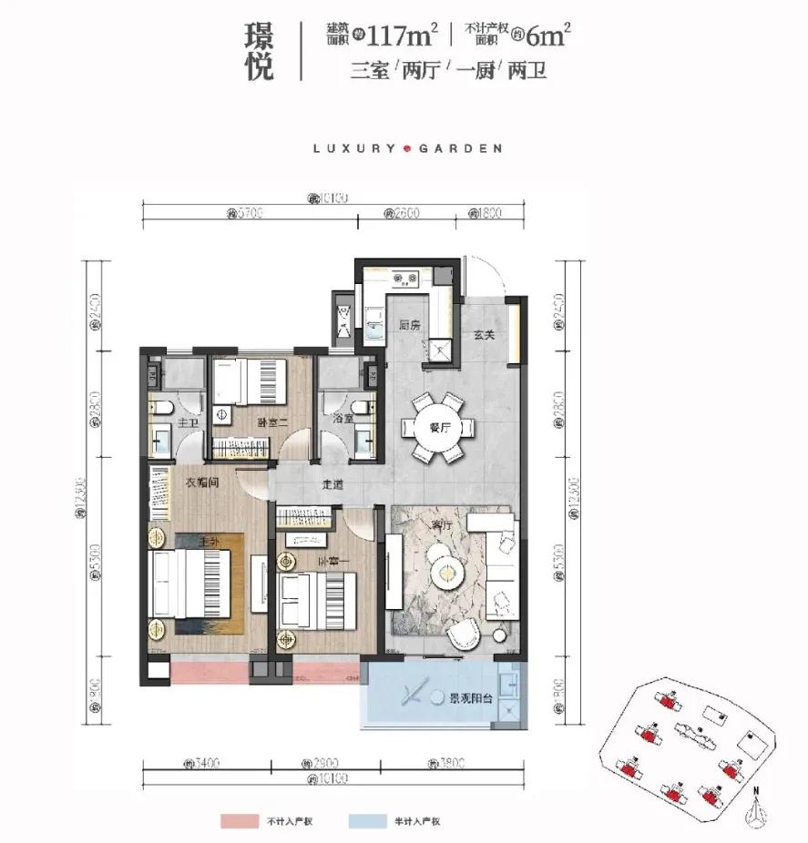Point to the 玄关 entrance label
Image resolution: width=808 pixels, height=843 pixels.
tap(484, 335)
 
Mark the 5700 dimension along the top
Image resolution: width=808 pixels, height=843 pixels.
tap(245, 215)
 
